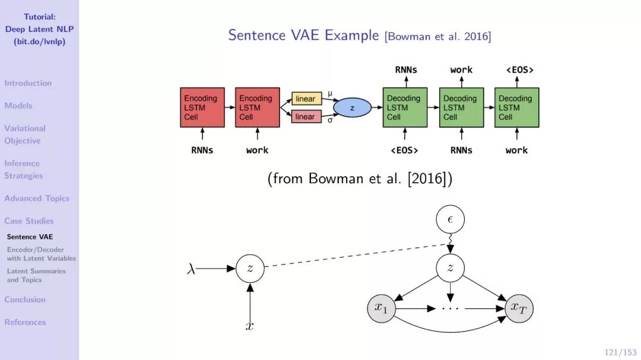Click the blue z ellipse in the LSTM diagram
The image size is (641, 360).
[x=352, y=108]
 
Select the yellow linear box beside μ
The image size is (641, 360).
[x=306, y=98]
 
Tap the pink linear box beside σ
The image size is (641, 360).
[x=306, y=117]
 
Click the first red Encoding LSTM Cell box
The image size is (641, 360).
[x=202, y=107]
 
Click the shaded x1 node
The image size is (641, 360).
[x=380, y=307]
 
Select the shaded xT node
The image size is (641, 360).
[x=520, y=307]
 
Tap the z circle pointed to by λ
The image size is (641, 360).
[x=250, y=268]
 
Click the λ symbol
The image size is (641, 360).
[x=191, y=269]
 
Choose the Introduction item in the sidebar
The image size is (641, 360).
[x=28, y=83]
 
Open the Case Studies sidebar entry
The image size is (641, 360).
[x=29, y=221]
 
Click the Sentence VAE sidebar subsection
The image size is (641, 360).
[x=30, y=237]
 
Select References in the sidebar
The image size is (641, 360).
[x=25, y=322]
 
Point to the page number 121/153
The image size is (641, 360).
[x=620, y=352]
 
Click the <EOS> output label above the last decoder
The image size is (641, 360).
[x=520, y=70]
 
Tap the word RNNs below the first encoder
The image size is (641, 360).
[x=202, y=150]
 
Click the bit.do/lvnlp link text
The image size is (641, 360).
[x=39, y=42]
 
